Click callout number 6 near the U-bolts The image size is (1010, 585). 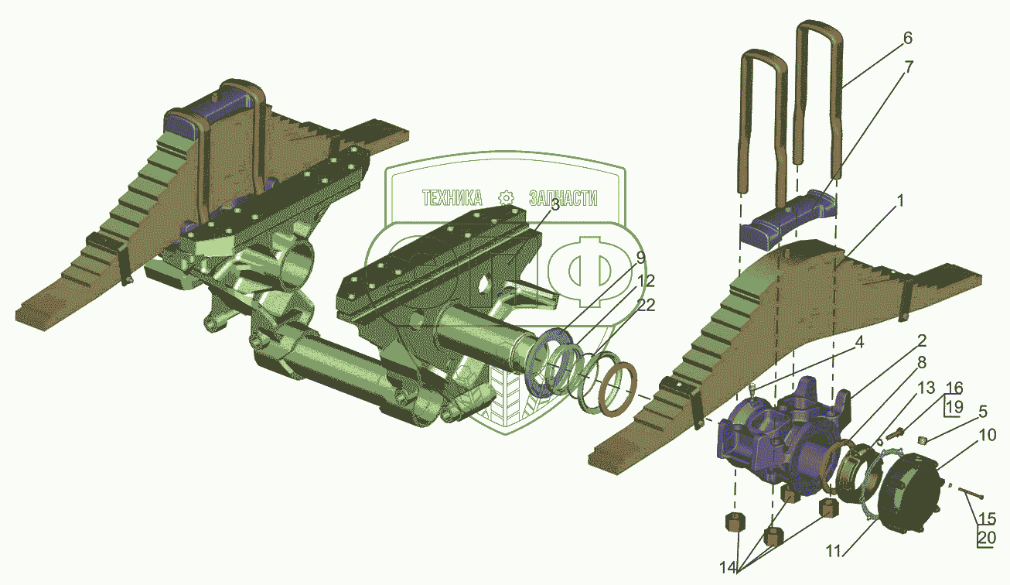click(908, 39)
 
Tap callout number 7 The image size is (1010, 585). click(909, 67)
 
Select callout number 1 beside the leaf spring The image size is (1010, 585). click(900, 201)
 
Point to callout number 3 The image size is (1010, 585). click(555, 205)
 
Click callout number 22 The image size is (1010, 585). click(645, 305)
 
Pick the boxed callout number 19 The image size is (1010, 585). click(954, 407)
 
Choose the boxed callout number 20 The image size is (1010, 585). click(987, 538)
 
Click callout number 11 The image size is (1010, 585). click(833, 551)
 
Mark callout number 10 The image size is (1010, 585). click(988, 435)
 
